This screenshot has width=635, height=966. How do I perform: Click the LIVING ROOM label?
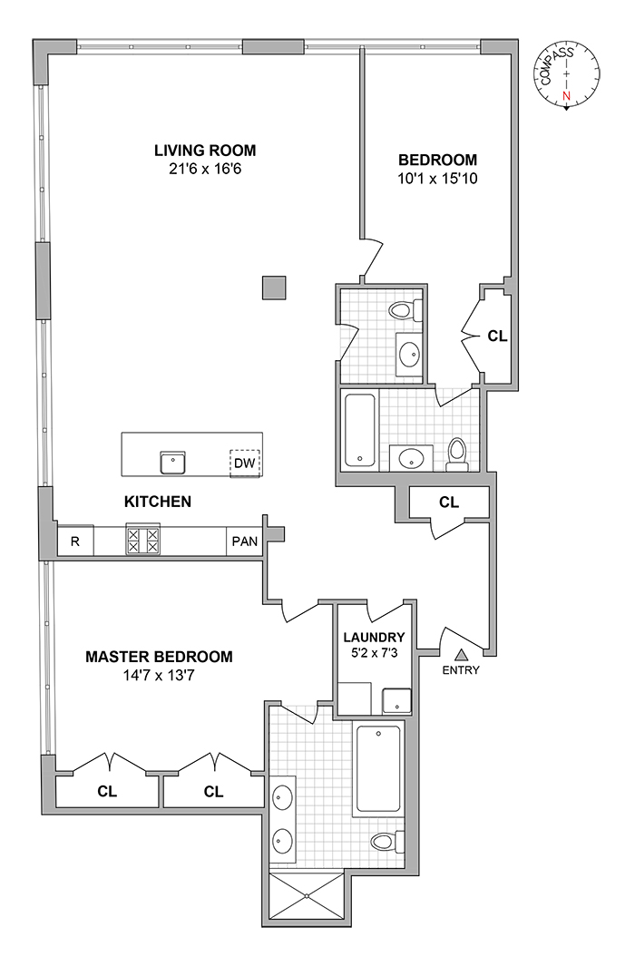[x=205, y=151]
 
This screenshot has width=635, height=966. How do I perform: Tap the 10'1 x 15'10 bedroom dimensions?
[x=437, y=179]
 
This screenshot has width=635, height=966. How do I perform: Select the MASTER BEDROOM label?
[x=159, y=656]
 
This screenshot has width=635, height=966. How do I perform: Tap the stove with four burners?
[x=142, y=541]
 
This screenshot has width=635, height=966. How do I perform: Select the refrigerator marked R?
[x=75, y=541]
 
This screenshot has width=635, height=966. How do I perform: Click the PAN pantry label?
[x=244, y=541]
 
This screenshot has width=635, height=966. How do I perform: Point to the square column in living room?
[x=273, y=288]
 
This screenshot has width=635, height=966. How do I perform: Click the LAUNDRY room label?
[x=374, y=638]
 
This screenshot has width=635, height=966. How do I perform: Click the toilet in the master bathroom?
[x=386, y=842]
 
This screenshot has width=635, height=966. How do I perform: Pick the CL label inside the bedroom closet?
[x=496, y=335]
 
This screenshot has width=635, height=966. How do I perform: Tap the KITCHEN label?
[x=158, y=501]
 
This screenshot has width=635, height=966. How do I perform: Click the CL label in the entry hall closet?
[x=448, y=502]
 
